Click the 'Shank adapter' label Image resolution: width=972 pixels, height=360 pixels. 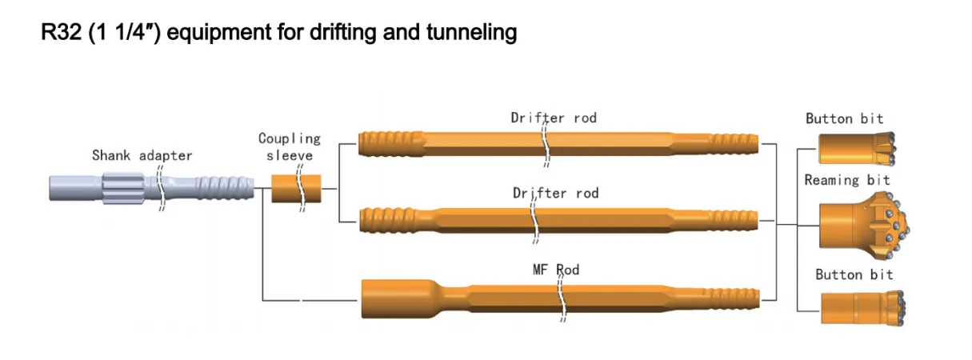[142, 155]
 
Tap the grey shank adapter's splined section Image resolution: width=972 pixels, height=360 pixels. [122, 189]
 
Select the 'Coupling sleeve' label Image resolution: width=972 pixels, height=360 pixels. [290, 146]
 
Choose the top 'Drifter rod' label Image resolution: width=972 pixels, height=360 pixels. [554, 118]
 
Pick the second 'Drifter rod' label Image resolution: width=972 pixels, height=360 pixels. [555, 194]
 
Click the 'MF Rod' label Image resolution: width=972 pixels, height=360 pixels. [555, 270]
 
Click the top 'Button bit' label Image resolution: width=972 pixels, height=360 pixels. [844, 118]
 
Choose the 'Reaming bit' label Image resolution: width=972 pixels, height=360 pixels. [846, 180]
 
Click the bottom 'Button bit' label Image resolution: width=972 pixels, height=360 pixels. [854, 274]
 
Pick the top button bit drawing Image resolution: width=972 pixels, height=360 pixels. [856, 149]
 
